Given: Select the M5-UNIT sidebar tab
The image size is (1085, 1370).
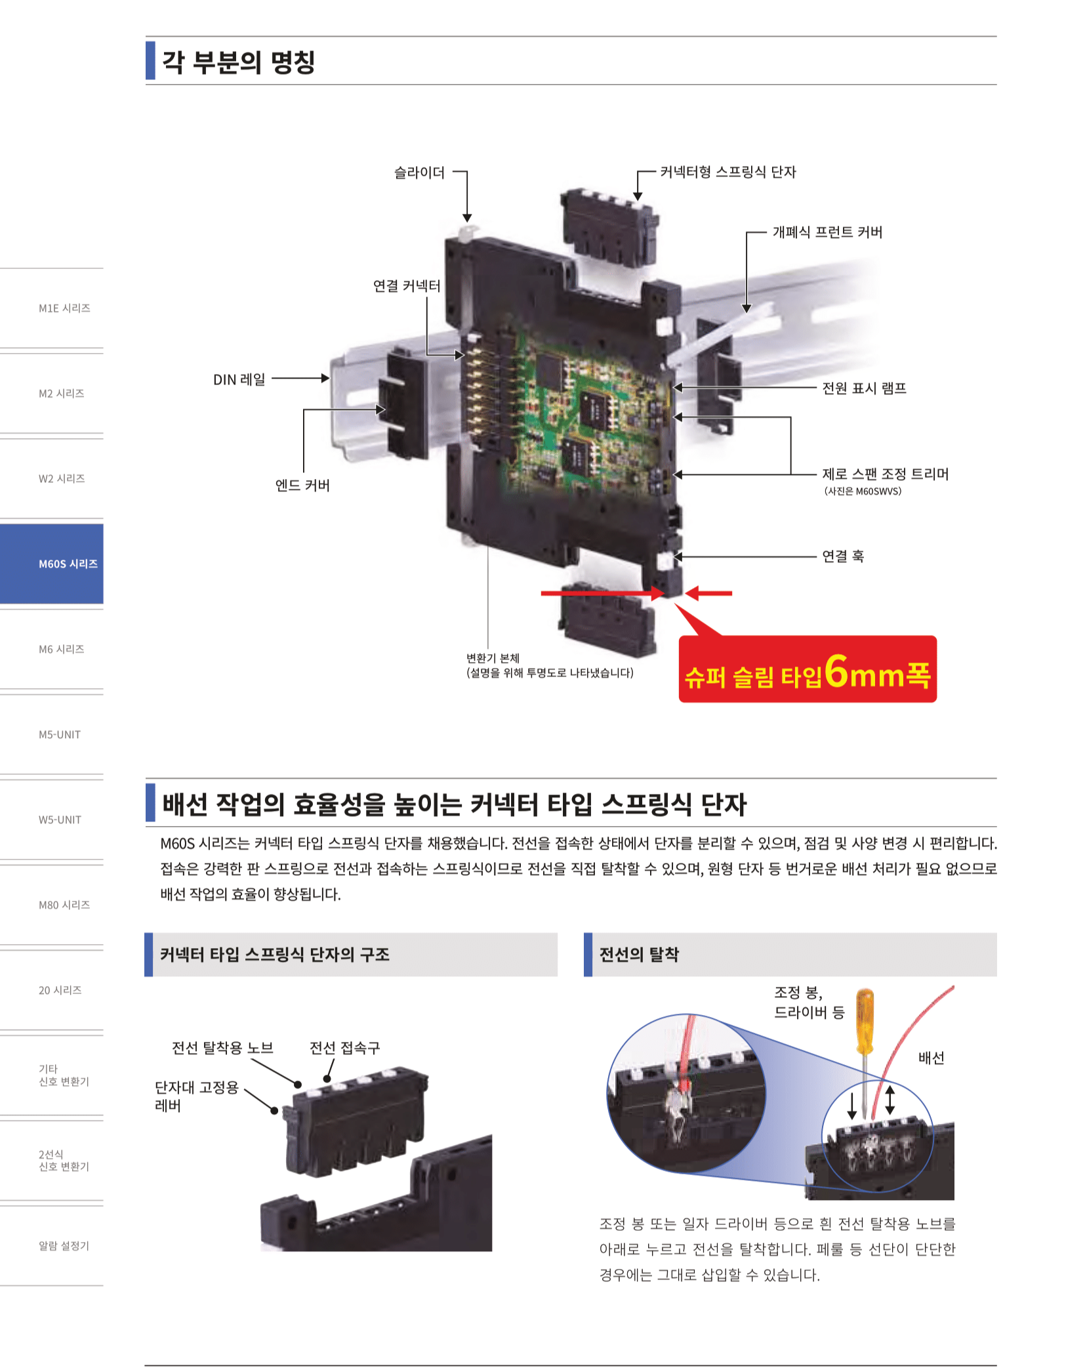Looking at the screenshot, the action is tap(59, 734).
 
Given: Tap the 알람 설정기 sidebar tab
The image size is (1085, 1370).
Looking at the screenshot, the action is tap(63, 1245).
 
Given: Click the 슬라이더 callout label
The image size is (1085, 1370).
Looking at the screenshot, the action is tap(419, 173).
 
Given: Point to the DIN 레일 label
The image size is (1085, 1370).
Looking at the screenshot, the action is tap(239, 379).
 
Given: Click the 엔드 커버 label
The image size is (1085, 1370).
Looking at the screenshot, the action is tap(302, 486).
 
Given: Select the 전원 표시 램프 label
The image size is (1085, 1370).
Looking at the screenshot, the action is tap(864, 388).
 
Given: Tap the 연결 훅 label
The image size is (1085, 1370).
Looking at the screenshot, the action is tap(843, 556).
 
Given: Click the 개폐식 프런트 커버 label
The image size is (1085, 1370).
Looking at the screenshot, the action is tap(827, 232).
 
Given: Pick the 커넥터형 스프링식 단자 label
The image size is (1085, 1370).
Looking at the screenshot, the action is tap(727, 172).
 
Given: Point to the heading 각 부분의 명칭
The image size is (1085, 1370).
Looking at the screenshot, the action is tap(239, 62).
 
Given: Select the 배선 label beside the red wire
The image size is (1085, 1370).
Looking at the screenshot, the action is tap(931, 1058).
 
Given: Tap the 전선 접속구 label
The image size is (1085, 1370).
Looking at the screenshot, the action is tap(344, 1048).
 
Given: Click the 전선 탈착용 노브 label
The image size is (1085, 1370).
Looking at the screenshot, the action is tap(222, 1048).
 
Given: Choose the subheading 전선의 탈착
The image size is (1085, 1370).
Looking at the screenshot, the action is tap(639, 955).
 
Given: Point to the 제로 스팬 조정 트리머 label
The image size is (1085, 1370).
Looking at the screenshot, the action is tap(885, 474).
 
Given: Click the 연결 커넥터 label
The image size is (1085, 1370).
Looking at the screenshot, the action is tap(407, 286).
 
